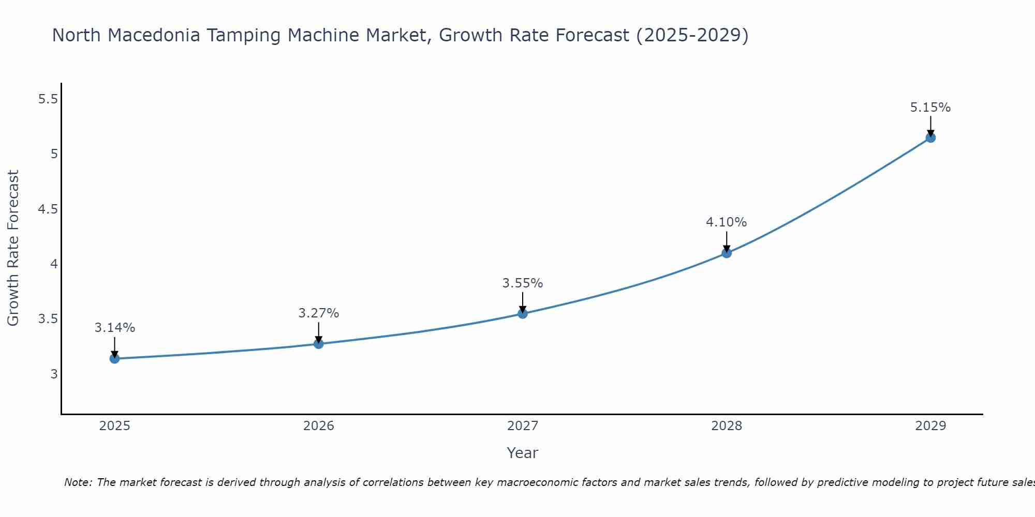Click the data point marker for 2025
point(114,358)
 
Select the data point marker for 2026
point(318,344)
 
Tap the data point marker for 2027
point(522,313)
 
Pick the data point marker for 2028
point(726,253)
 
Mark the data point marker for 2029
point(930,138)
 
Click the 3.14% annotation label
point(114,328)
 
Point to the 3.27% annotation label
point(318,313)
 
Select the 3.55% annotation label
point(522,283)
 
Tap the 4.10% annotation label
point(726,222)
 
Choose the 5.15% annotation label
point(930,108)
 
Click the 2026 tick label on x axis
point(318,426)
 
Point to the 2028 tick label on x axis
point(726,426)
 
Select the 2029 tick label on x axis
point(930,426)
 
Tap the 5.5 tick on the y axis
point(48,99)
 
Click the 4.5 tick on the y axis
point(48,209)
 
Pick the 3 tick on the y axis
point(54,374)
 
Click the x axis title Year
point(522,453)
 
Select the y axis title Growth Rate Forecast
point(13,248)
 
